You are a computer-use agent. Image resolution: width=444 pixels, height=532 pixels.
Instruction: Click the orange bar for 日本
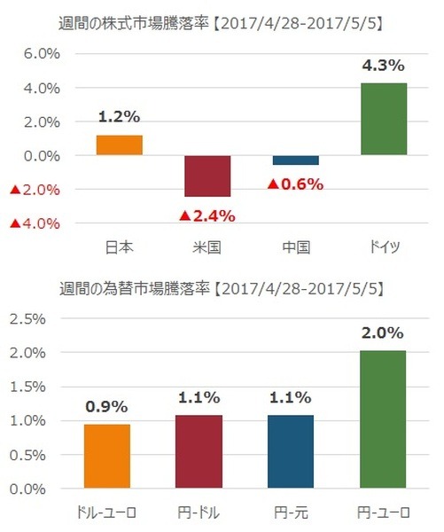tap(119, 145)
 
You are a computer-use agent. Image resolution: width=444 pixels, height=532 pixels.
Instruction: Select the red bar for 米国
tap(206, 176)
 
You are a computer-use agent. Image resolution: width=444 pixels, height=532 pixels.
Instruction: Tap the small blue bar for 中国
tap(295, 160)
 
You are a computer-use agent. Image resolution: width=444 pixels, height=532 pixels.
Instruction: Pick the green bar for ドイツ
tap(383, 119)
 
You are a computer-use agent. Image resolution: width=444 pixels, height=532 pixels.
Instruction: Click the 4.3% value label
tap(383, 66)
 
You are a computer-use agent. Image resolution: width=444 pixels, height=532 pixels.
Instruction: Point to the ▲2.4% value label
tap(206, 215)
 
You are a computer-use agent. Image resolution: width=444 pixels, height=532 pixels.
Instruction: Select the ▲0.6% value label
tap(295, 184)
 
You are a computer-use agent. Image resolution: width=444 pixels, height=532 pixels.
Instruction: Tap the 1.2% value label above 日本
tap(119, 117)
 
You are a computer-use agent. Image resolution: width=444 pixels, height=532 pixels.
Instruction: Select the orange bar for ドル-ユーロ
tap(107, 456)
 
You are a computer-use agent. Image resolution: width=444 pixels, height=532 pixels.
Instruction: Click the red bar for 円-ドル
tap(199, 451)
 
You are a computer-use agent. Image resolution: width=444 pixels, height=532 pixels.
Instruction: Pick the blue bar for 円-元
tap(291, 451)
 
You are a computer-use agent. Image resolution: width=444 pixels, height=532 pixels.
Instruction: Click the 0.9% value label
tap(107, 407)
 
